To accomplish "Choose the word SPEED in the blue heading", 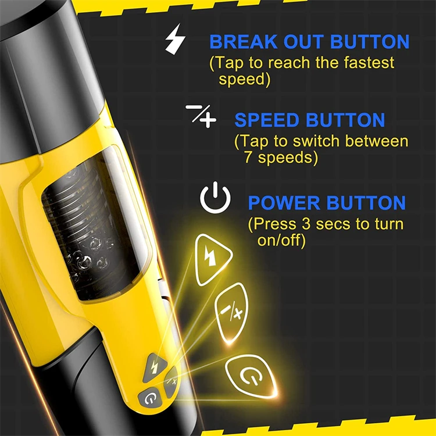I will pos(267,120).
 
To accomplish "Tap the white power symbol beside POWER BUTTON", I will pos(215,198).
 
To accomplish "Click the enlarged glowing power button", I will pos(250,374).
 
